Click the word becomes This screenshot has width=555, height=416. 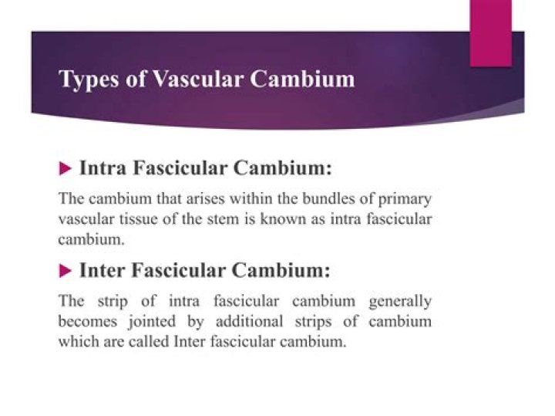[84, 321]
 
